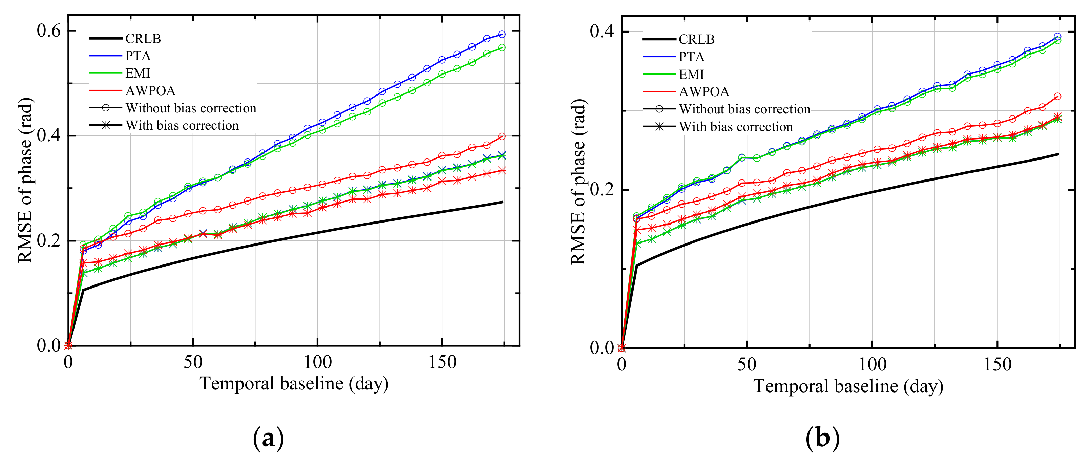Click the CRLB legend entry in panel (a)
point(143,39)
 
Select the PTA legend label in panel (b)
point(691,57)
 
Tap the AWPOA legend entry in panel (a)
point(150,91)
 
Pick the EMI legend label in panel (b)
point(691,75)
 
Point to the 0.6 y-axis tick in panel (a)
point(49,30)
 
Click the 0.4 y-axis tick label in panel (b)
point(602,31)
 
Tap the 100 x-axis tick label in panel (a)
point(317,363)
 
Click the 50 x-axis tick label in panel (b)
point(747,365)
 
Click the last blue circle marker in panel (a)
point(502,34)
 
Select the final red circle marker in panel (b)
point(1057,97)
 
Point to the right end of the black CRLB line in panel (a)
point(502,202)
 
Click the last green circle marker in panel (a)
point(502,47)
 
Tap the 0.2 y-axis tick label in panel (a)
point(49,240)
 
